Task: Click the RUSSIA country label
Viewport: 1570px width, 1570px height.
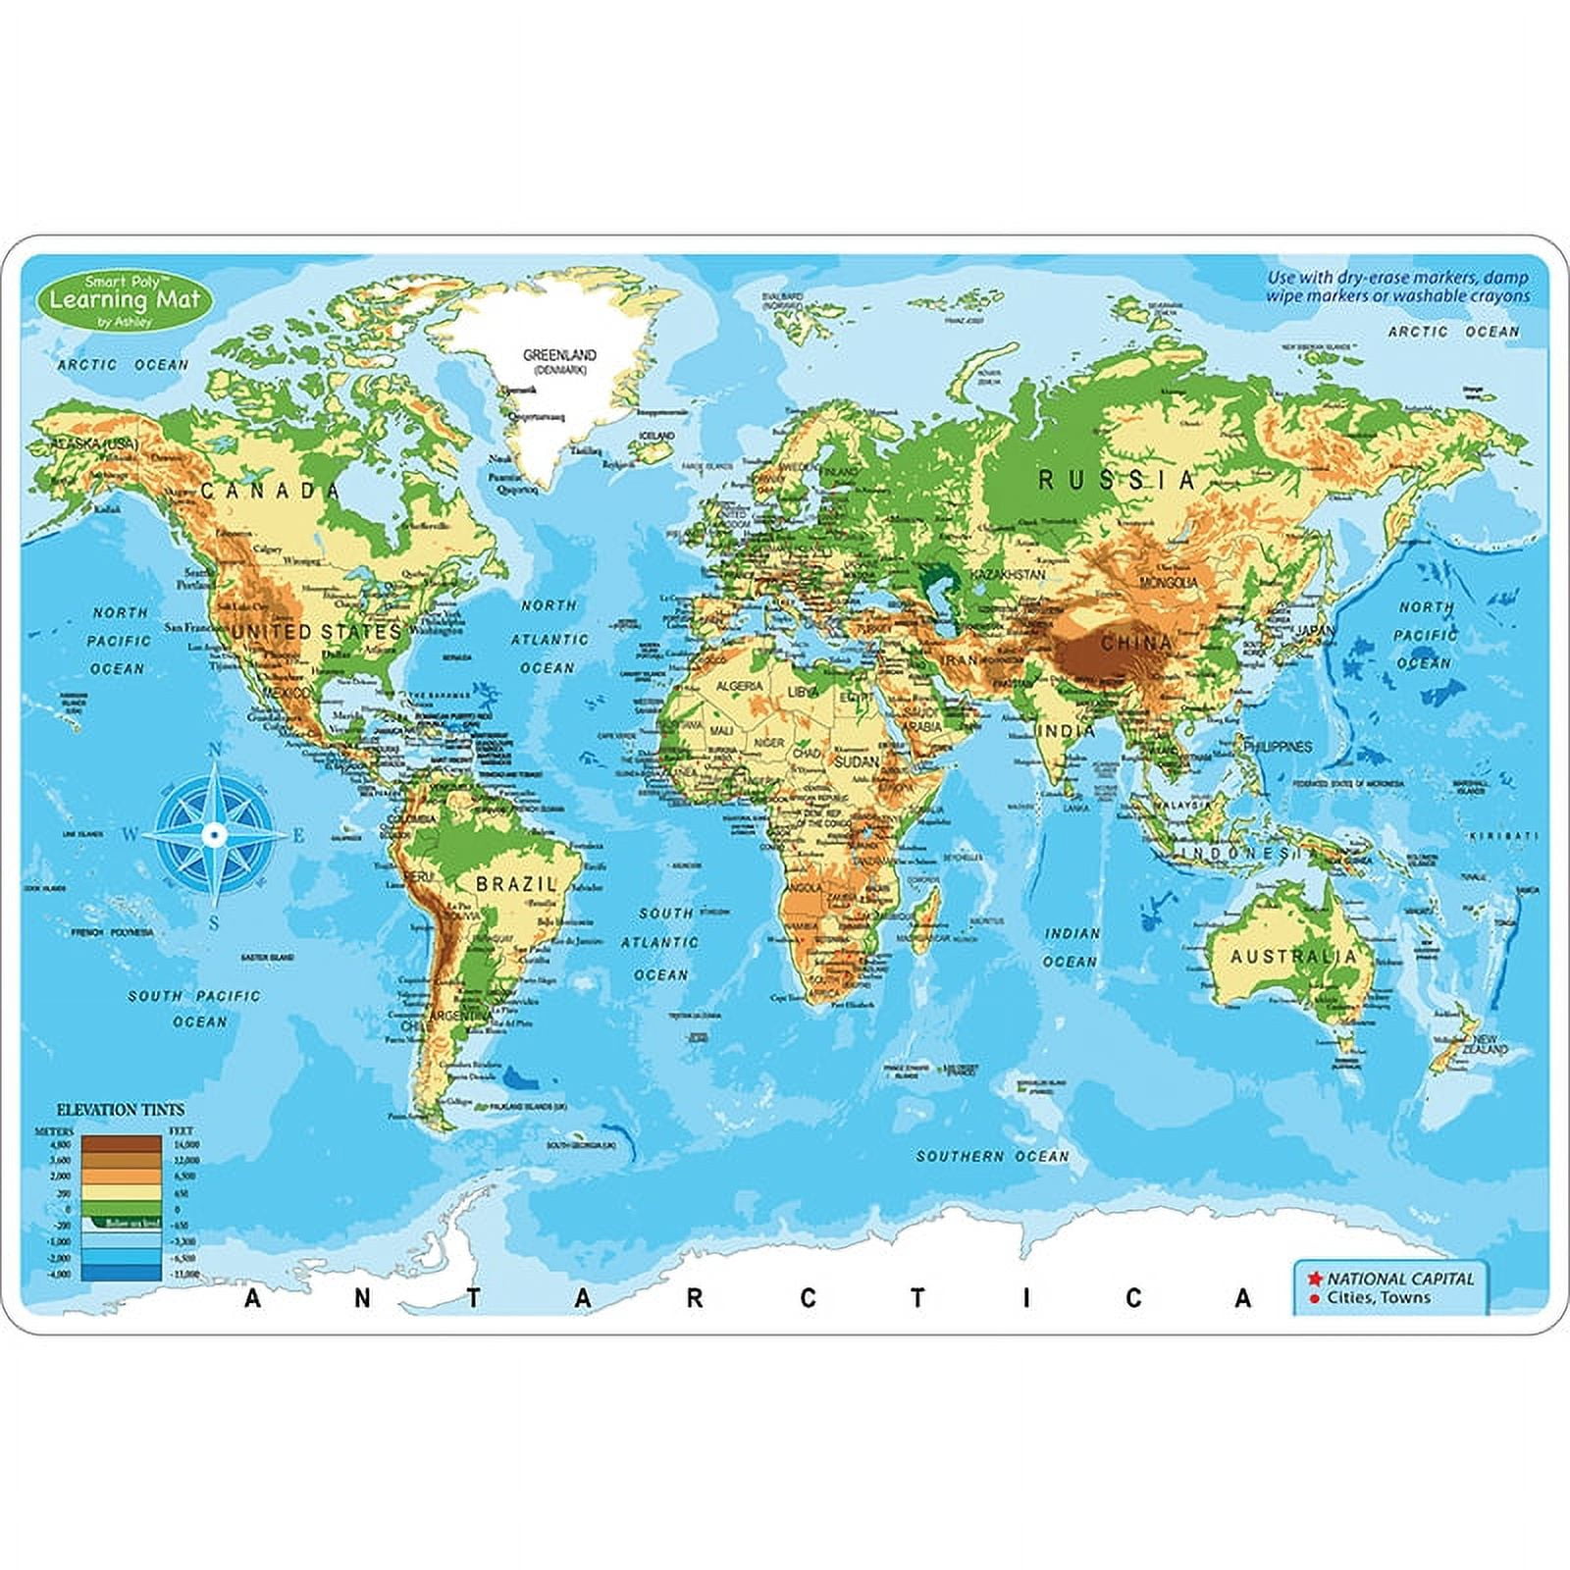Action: [1117, 480]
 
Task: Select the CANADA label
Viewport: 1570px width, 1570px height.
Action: [270, 491]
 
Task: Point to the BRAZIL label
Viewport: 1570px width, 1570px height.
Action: [516, 884]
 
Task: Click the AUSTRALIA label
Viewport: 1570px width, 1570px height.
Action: [1293, 957]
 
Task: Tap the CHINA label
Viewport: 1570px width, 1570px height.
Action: [1135, 644]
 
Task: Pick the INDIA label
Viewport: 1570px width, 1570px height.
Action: [1065, 731]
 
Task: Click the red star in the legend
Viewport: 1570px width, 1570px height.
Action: [1315, 1279]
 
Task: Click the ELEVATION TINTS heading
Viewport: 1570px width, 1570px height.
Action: [121, 1109]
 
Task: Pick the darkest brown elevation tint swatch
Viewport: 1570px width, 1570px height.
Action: [121, 1143]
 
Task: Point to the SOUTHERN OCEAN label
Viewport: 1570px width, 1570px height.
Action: [992, 1157]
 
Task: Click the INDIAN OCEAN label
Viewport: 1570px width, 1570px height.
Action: [1072, 947]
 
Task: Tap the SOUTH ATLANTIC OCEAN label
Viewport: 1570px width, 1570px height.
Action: [659, 943]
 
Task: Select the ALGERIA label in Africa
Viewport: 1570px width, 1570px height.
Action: [739, 687]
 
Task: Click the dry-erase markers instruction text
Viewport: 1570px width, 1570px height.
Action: [1397, 287]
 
